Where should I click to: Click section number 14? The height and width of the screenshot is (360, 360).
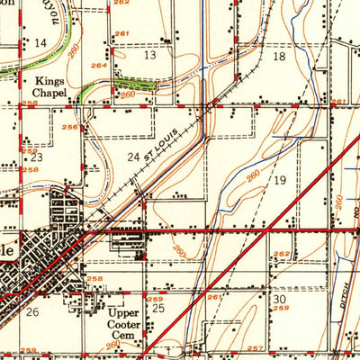coord(40,43)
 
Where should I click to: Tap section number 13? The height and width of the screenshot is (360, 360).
coord(149,55)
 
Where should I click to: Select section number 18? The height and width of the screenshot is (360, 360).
coord(279,57)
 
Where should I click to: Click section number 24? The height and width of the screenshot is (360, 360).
coord(133,158)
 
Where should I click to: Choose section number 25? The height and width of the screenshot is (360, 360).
coord(159,309)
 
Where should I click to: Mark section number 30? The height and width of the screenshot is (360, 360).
coord(279,299)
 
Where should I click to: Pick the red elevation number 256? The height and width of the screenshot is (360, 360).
coord(69,127)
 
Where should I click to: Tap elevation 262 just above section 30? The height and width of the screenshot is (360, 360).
coord(283,255)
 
